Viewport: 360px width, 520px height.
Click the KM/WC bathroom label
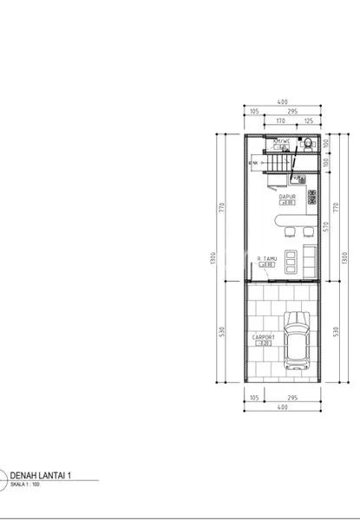point(280,140)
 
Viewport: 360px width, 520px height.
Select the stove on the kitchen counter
point(298,182)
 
